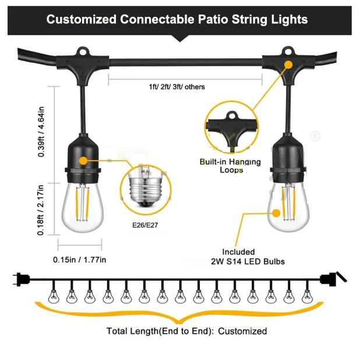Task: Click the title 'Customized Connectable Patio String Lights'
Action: tap(177, 19)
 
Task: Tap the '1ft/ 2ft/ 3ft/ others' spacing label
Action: tap(177, 87)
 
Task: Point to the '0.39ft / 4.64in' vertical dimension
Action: tap(41, 132)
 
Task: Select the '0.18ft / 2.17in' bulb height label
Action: tap(40, 210)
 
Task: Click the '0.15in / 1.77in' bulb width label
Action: tap(79, 260)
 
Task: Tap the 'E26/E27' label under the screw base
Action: tap(145, 225)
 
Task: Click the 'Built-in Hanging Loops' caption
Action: tap(230, 166)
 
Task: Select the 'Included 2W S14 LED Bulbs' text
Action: tap(248, 257)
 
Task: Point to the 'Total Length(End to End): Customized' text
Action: tap(187, 331)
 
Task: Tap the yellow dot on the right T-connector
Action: tap(288, 65)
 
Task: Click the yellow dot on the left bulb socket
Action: tap(83, 161)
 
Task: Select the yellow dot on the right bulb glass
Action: tap(276, 213)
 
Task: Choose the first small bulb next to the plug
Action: tap(54, 296)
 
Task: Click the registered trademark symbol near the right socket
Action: tap(315, 136)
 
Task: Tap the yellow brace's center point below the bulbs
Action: tap(179, 321)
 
